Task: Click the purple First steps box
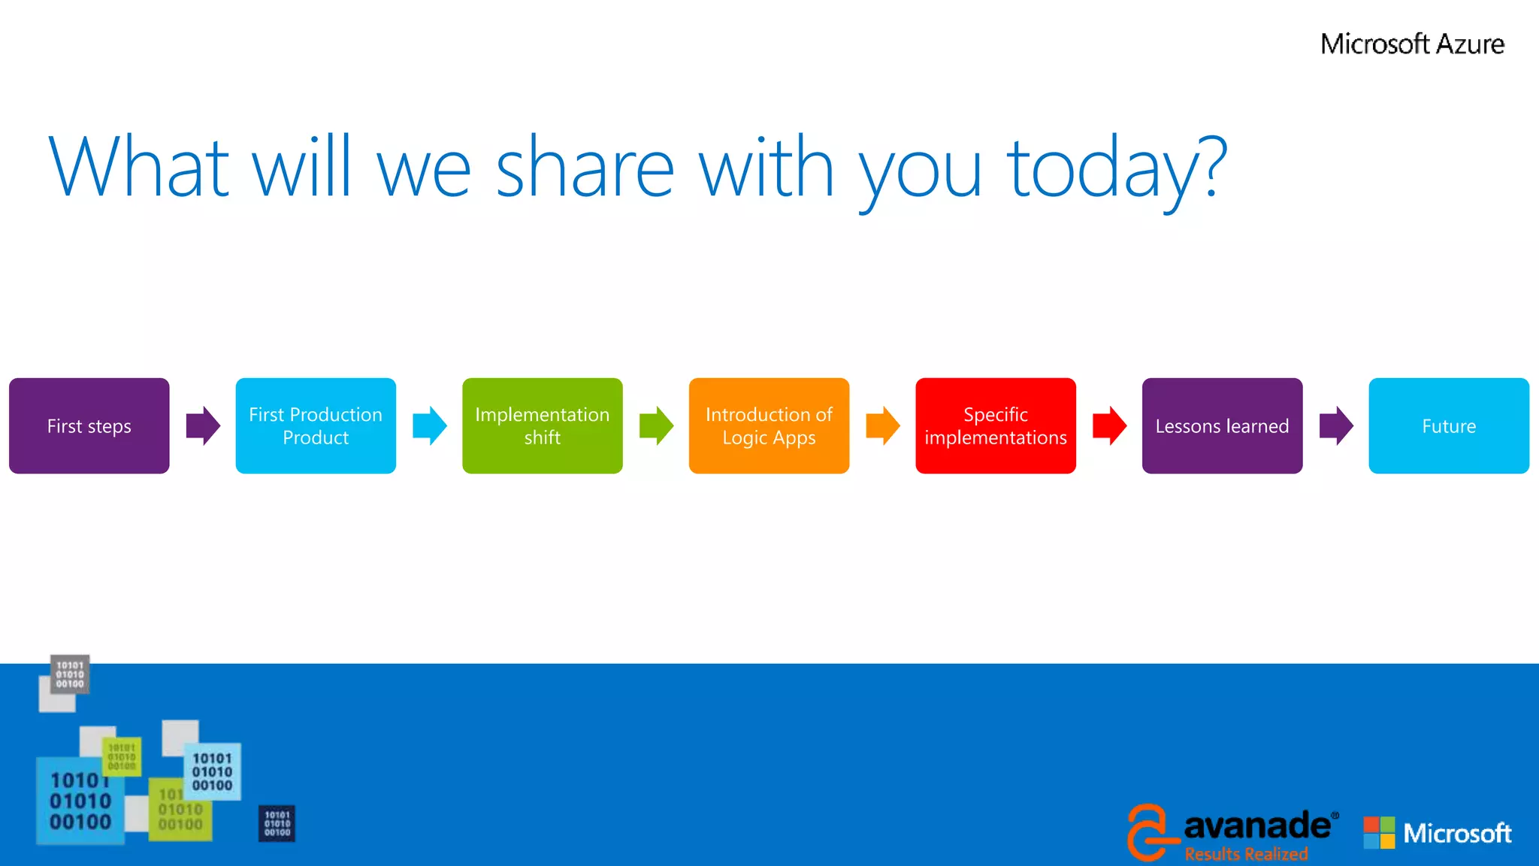click(x=89, y=425)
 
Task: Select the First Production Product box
click(x=316, y=425)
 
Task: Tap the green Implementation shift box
click(x=542, y=425)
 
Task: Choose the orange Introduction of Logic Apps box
click(x=769, y=425)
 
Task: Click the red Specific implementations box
click(x=995, y=425)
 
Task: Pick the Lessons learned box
click(x=1222, y=425)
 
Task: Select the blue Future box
click(x=1448, y=425)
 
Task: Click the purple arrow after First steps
click(x=203, y=425)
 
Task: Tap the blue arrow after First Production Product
click(x=430, y=425)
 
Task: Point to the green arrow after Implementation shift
click(x=656, y=425)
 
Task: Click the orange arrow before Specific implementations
click(x=882, y=425)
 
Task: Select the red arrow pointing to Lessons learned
click(x=1109, y=425)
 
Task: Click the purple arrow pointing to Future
click(x=1336, y=425)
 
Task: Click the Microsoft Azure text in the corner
click(x=1412, y=44)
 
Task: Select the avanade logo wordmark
click(x=1256, y=826)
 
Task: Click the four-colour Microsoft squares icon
click(x=1379, y=833)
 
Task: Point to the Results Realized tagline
click(x=1246, y=854)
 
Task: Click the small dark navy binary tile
click(x=277, y=823)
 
